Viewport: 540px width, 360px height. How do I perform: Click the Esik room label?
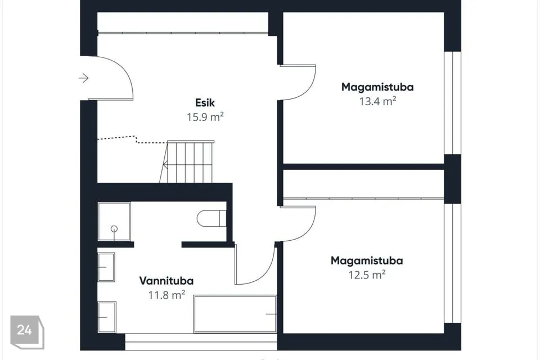(205, 103)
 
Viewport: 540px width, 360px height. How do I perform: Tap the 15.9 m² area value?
(205, 117)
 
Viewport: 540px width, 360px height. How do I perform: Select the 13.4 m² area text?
(378, 101)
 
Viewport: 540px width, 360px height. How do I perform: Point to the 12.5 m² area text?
(367, 275)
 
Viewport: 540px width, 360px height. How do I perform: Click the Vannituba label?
(166, 281)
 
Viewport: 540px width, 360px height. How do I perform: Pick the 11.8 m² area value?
(166, 295)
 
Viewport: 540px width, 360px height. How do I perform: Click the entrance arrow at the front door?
(84, 78)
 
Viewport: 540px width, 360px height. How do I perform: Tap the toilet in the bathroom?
(211, 218)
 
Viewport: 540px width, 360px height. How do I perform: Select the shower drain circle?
(114, 229)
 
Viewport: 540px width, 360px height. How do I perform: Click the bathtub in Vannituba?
(235, 314)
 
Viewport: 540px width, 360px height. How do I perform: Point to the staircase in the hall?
(187, 161)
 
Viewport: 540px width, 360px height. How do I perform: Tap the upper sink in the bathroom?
(106, 267)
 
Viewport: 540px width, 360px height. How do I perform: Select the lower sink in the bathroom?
(107, 317)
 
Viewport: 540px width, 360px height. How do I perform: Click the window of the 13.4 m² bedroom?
(452, 103)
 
